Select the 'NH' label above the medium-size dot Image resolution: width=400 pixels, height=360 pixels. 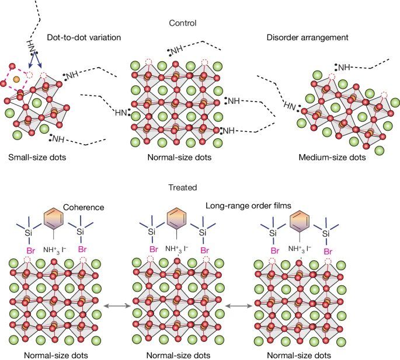tap(343, 68)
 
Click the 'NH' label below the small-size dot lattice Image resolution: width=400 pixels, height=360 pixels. tap(58, 139)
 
